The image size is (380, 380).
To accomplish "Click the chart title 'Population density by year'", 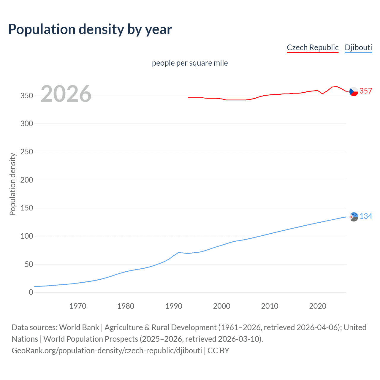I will [90, 29].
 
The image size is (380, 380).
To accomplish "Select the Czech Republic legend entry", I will [312, 47].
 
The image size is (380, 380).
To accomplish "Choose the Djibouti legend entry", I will [358, 47].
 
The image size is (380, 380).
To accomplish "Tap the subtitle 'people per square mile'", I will [190, 63].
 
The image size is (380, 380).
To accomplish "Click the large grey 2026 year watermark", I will [66, 94].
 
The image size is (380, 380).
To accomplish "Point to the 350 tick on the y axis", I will [27, 96].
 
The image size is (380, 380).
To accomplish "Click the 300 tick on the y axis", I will [27, 123].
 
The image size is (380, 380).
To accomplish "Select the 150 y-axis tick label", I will [27, 208].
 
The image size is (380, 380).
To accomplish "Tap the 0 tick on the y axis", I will [31, 292].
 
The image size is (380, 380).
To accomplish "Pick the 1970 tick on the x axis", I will [78, 306].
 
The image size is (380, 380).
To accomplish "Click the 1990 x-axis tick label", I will [174, 306].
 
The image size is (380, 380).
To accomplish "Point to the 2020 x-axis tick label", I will [318, 306].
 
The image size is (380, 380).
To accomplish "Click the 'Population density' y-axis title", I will [12, 184].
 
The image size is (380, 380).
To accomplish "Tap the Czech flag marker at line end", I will [354, 92].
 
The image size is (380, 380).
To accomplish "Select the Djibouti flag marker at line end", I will [354, 217].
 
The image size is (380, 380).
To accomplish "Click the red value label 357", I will [366, 91].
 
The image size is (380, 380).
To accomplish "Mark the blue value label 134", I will [366, 216].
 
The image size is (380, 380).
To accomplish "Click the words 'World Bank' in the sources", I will [79, 327].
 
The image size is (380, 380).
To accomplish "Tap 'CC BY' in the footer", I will [218, 350].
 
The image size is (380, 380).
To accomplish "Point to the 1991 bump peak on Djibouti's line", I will [178, 253].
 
